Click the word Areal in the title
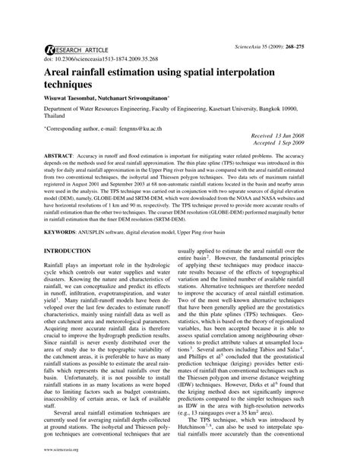[64, 72]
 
